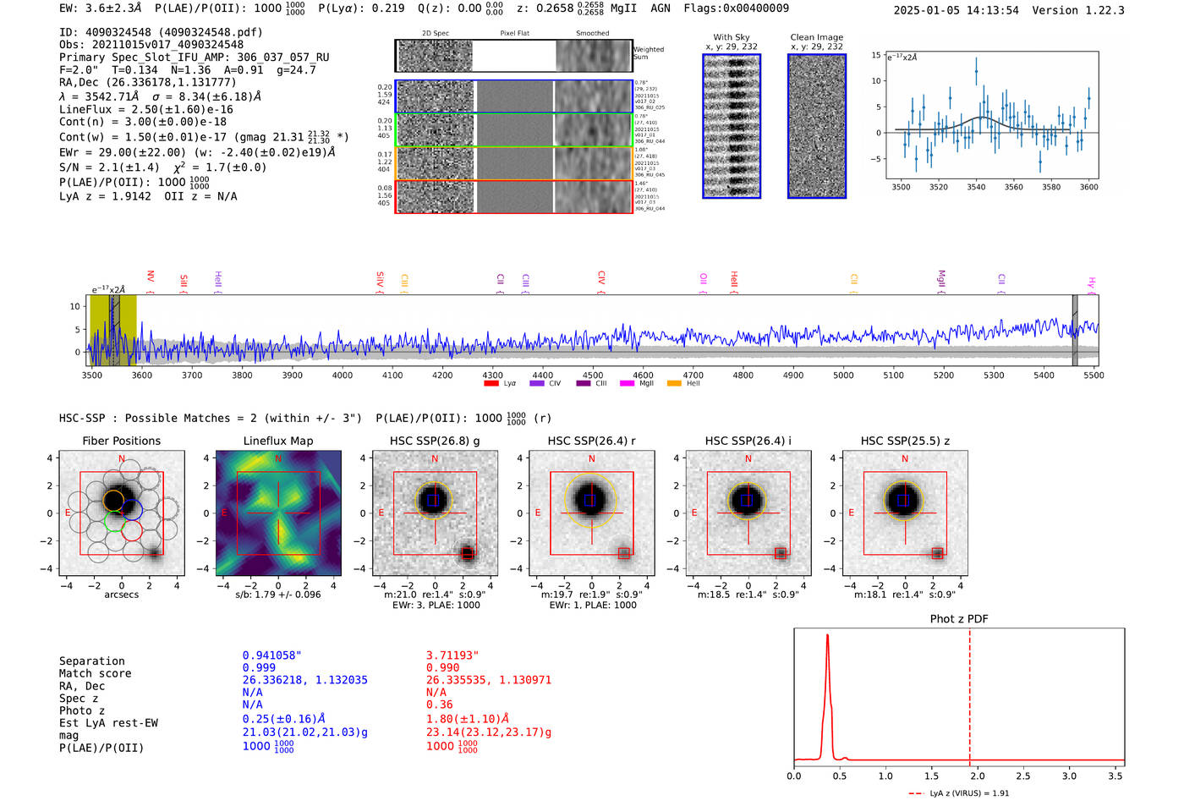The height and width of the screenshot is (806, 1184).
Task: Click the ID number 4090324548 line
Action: [x=161, y=32]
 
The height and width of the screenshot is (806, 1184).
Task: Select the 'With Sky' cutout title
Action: [x=731, y=37]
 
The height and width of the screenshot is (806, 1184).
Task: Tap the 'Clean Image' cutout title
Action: [x=816, y=37]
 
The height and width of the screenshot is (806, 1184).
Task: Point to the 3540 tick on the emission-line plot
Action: [x=976, y=187]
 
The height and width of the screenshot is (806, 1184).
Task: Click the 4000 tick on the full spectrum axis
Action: [x=343, y=375]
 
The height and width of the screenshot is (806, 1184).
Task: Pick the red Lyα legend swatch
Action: [x=491, y=384]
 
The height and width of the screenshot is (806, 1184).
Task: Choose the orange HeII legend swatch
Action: [x=674, y=384]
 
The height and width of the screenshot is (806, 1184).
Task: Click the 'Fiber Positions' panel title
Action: [x=121, y=441]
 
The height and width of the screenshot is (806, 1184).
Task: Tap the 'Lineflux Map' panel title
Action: [x=278, y=441]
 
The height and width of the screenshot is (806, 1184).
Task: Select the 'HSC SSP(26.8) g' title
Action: [x=435, y=441]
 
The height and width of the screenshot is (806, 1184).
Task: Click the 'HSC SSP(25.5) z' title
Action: [x=905, y=441]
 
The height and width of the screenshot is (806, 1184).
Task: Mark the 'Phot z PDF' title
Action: [x=959, y=619]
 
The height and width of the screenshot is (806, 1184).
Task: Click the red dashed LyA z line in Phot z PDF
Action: [x=969, y=694]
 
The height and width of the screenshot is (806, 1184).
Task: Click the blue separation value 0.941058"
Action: [x=271, y=655]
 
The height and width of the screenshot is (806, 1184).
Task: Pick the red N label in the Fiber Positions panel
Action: [x=122, y=459]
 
